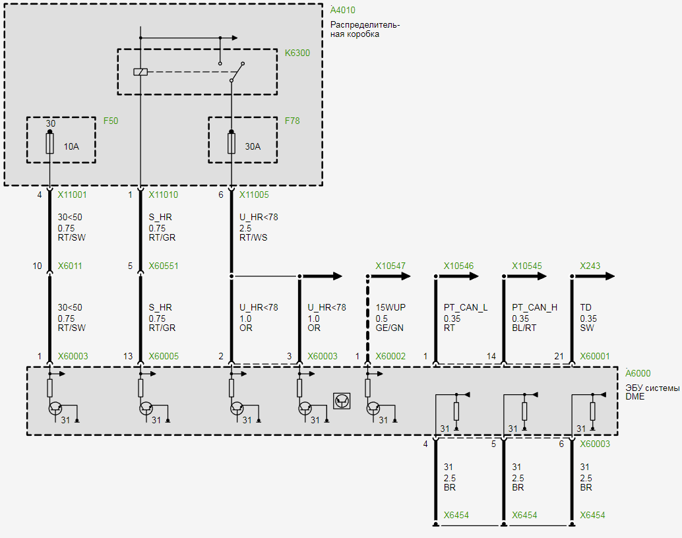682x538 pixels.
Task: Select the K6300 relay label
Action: pos(297,53)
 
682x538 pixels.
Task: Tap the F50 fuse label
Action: pos(111,121)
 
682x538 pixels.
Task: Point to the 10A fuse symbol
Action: pos(49,144)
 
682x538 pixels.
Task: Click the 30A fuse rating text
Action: pos(253,146)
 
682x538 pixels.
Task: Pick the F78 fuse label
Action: pos(292,121)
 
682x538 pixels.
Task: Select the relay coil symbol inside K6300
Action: pos(140,72)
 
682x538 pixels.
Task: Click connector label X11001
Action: pos(72,195)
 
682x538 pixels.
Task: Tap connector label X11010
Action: pos(163,195)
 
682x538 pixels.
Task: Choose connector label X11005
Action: pos(254,195)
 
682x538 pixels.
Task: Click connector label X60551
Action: pos(163,266)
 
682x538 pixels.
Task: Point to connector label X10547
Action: pos(390,266)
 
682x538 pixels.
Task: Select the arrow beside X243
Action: pos(604,276)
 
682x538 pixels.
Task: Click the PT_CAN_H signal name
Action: pos(534,307)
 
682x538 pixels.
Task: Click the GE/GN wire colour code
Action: pos(389,328)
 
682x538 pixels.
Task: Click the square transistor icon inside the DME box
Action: pos(342,401)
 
